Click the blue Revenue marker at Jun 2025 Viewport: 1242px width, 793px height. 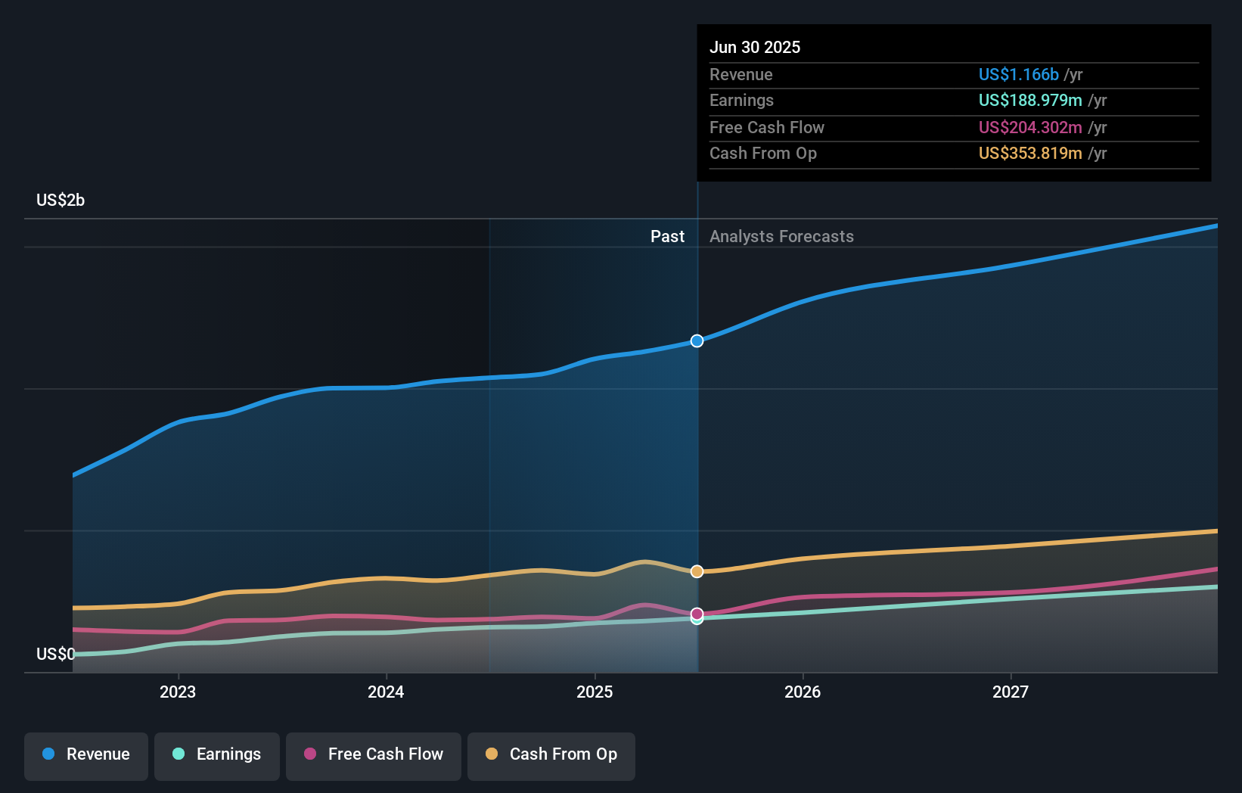697,341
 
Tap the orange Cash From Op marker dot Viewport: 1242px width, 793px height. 697,571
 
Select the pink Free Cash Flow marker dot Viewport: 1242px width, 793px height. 697,614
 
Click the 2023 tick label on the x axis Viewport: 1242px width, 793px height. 178,692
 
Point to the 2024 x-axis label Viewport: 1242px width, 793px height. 386,692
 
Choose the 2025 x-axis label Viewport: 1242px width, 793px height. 595,692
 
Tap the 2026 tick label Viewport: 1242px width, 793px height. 803,692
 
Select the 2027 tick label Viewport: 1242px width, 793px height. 1011,692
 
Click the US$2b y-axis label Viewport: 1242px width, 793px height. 61,201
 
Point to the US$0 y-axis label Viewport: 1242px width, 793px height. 55,654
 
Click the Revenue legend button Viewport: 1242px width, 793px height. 86,754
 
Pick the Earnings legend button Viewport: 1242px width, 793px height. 217,754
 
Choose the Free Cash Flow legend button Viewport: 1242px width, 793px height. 374,754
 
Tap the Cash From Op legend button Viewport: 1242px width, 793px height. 551,754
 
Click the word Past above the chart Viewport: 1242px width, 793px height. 667,237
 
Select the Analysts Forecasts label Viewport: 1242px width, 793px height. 781,237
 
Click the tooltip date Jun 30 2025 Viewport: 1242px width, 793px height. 755,48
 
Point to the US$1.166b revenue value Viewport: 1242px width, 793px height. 1018,75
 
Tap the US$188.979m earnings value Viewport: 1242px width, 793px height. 1030,101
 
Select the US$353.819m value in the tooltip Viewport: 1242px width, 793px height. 1030,154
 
